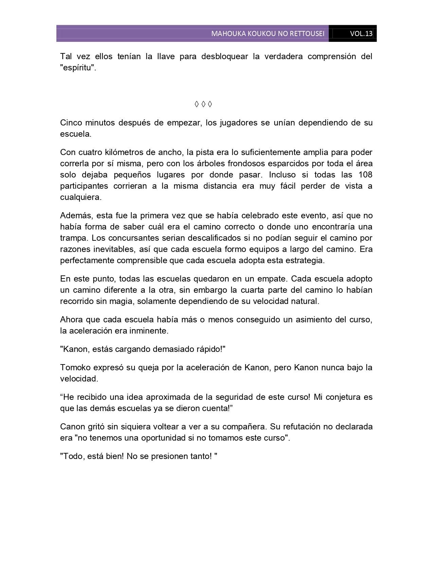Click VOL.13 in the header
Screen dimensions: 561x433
click(361, 34)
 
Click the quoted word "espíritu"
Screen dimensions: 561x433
click(78, 67)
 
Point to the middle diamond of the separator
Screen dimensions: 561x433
click(203, 104)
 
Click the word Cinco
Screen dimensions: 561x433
click(71, 122)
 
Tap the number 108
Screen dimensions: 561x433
click(365, 175)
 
